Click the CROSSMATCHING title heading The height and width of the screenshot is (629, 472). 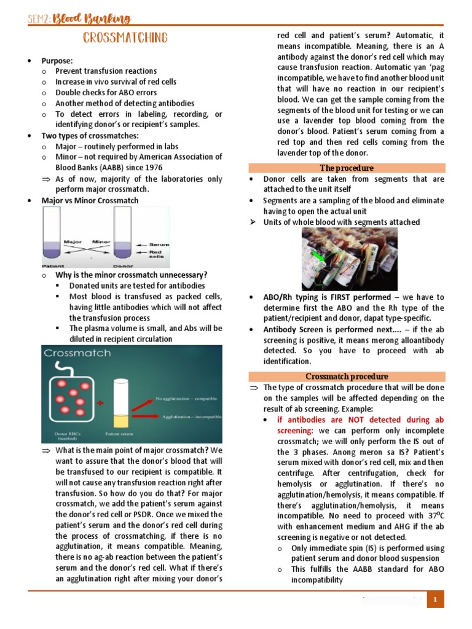click(125, 39)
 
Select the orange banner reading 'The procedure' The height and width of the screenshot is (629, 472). click(346, 168)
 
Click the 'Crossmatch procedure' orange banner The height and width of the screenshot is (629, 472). click(346, 376)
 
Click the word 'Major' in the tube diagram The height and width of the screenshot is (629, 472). click(73, 242)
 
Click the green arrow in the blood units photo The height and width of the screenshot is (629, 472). click(318, 256)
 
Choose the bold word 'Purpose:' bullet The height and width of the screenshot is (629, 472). click(57, 61)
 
